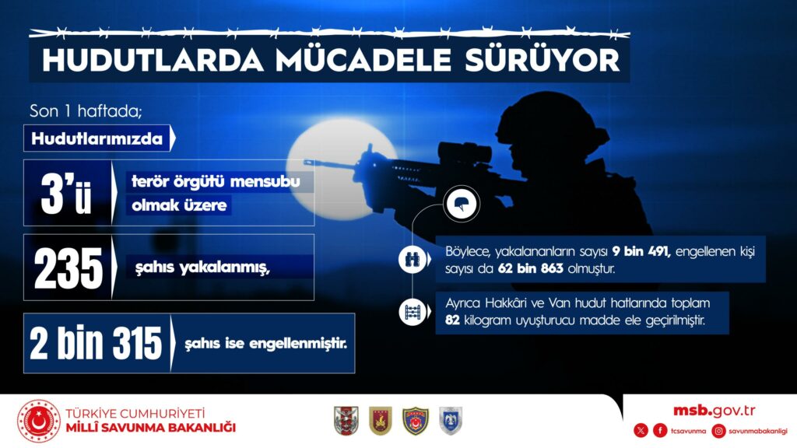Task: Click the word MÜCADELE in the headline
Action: pos(363,60)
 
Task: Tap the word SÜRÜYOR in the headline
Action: pos(542,60)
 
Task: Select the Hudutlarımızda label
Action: pos(97,138)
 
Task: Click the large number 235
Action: pos(68,268)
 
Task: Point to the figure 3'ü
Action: pos(66,194)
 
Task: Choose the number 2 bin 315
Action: pos(96,343)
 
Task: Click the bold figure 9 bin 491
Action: pos(641,251)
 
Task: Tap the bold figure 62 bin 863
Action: pos(531,268)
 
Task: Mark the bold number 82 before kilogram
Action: pos(452,320)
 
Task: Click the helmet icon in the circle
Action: pos(462,204)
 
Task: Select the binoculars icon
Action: pos(412,259)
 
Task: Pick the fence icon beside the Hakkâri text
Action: pos(413,312)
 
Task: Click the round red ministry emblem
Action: pos(39,421)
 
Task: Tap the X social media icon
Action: pos(641,431)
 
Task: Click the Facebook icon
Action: pos(660,431)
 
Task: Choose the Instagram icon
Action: pos(718,431)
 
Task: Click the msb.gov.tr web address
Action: pos(714,411)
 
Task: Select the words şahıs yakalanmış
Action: pos(202,268)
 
